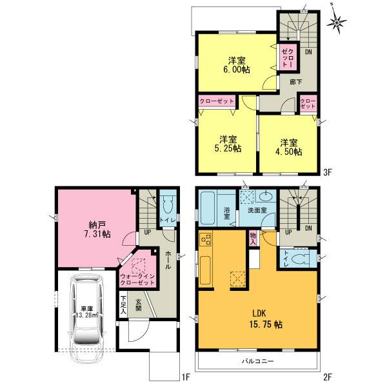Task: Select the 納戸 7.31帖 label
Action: pos(97,230)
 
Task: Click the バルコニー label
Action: pos(259,362)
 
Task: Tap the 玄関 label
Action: pos(139,303)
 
